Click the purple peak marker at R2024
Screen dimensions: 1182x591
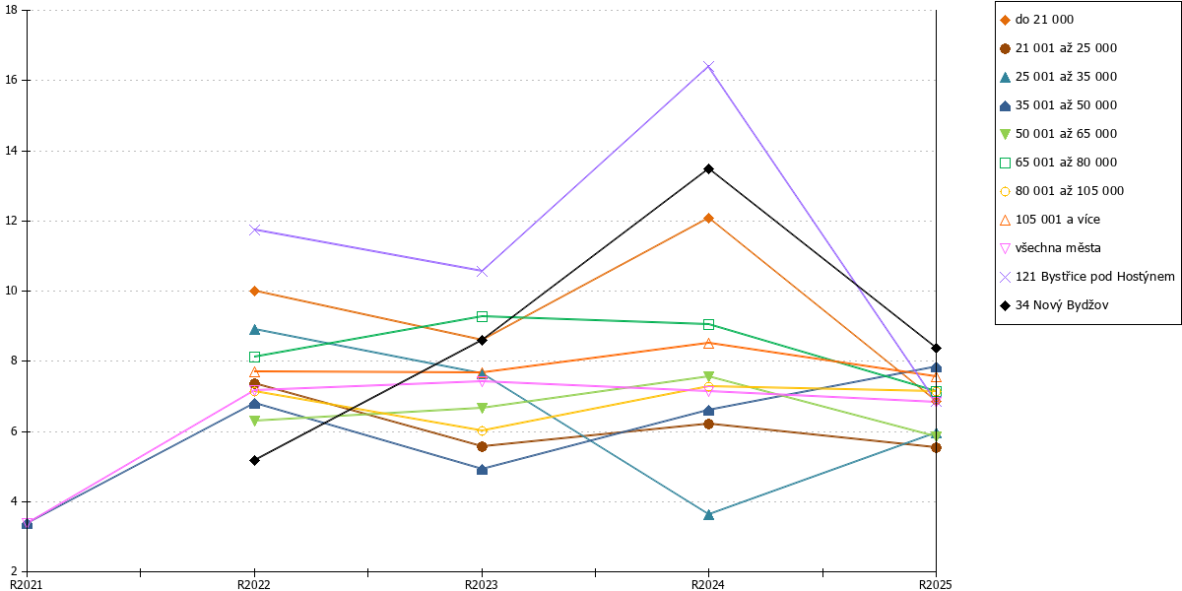pos(708,67)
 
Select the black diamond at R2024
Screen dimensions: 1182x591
pos(708,168)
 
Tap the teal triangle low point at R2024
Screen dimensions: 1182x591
pos(708,514)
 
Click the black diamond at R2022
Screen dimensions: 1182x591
pos(254,461)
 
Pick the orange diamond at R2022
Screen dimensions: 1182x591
pos(254,292)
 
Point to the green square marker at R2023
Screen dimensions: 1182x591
pos(482,316)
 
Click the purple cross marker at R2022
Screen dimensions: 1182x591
pos(254,230)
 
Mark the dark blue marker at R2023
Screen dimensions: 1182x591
pos(482,470)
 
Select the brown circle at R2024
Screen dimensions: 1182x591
pos(708,425)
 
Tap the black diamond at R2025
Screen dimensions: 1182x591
pos(936,349)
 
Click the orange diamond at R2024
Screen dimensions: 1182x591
pos(708,219)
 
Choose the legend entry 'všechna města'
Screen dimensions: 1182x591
pos(1050,248)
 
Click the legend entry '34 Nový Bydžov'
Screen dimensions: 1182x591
pos(1054,305)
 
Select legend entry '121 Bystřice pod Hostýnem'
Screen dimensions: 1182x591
pos(1087,277)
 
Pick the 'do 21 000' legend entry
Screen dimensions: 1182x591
pos(1036,20)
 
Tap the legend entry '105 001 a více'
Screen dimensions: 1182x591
pos(1050,220)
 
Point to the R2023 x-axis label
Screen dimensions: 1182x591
pos(482,585)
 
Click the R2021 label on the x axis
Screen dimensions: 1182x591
pos(27,585)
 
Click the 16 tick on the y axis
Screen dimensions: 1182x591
pos(11,80)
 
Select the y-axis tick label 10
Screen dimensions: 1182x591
pos(11,291)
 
